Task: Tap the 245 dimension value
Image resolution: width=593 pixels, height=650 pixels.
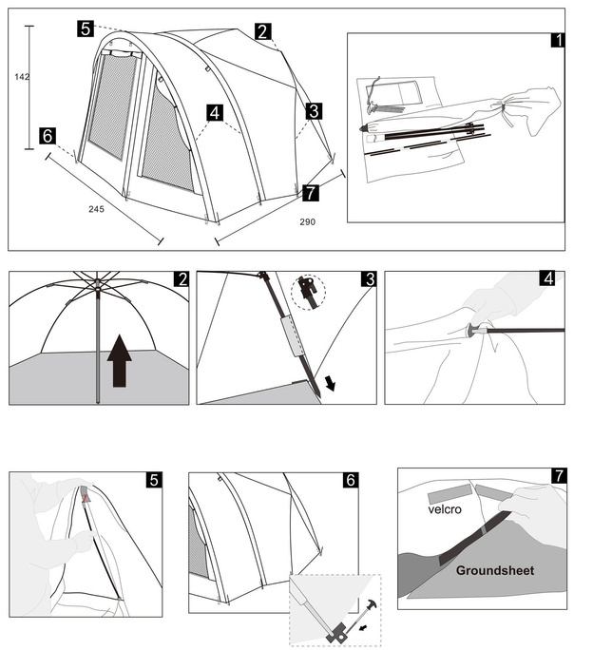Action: [x=96, y=208]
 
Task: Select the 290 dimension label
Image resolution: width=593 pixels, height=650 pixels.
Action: [x=306, y=221]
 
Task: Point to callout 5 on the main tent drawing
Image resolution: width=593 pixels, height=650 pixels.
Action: [x=86, y=29]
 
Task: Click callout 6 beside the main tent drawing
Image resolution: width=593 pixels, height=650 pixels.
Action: [x=48, y=135]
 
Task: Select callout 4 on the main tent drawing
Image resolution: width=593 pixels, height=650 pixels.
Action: [x=215, y=113]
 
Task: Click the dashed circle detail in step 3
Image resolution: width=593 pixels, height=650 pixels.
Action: [x=309, y=293]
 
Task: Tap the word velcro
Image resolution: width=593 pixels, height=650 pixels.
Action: [x=448, y=509]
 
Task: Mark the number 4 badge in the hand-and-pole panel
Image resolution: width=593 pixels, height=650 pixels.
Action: [x=547, y=279]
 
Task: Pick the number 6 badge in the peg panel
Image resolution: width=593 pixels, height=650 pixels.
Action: [x=350, y=481]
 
